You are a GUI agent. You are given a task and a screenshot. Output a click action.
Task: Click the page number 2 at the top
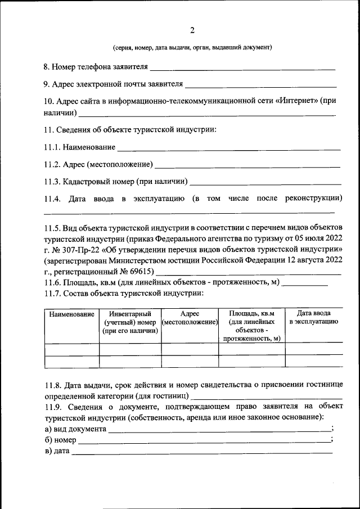tap(192, 30)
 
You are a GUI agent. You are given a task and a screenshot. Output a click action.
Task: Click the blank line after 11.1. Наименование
tap(228, 148)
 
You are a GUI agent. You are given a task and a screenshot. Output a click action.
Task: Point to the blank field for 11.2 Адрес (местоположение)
tap(247, 166)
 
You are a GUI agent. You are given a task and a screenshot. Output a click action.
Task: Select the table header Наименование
tap(71, 314)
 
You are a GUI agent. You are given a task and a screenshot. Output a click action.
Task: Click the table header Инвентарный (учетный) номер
tap(130, 322)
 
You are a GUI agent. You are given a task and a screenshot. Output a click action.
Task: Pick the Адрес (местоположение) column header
tap(190, 318)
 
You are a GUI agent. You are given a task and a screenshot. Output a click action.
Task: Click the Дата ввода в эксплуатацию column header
tap(313, 318)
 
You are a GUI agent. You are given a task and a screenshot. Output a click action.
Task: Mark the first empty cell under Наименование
tap(71, 349)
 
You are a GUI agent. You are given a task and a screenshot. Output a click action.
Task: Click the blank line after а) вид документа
tap(219, 430)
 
